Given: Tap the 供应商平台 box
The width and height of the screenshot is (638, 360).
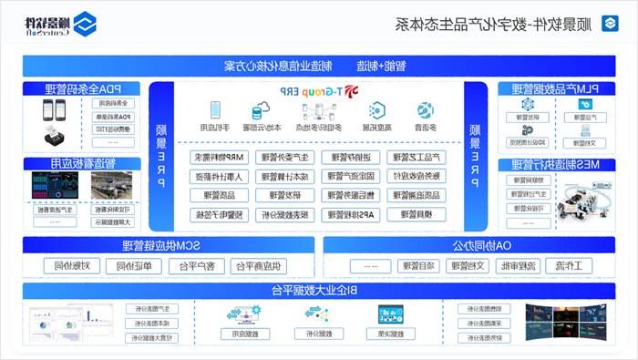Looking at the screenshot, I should pos(261,266).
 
